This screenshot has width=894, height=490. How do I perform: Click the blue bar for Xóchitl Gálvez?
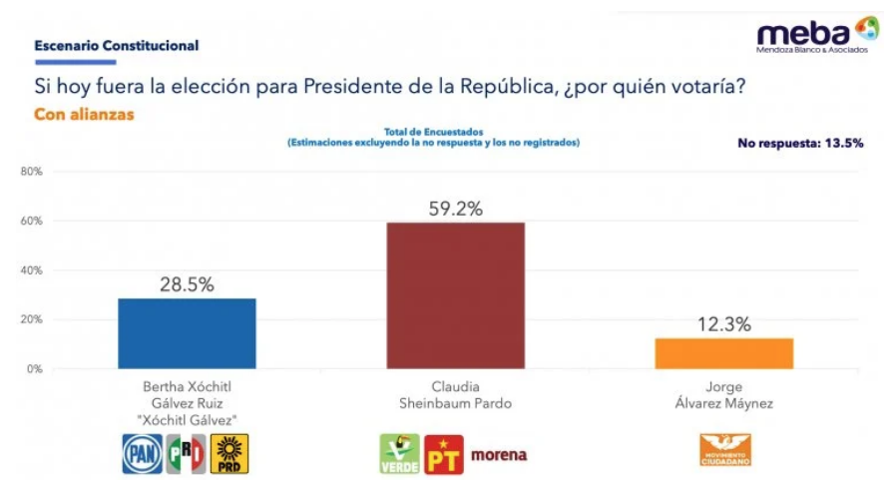[187, 333]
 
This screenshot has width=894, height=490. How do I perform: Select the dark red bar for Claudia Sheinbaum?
[455, 295]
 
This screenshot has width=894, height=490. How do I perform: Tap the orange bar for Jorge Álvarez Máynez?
[723, 353]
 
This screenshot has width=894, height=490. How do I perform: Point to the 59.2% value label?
[456, 209]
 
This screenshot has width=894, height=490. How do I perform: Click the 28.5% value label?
[187, 284]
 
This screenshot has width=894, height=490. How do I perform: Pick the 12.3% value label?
[724, 324]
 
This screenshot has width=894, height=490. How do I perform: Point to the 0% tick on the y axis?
[34, 369]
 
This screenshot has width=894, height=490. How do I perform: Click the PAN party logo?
[142, 454]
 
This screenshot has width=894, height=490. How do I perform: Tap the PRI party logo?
[186, 454]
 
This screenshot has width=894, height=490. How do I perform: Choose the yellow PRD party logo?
[229, 454]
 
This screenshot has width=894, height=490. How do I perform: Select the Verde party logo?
[399, 454]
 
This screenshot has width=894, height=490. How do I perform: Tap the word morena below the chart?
[498, 455]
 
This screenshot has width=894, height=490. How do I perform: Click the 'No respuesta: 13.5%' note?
[800, 143]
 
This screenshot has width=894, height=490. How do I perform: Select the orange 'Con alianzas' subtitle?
[84, 115]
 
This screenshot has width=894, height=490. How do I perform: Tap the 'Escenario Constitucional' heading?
[116, 46]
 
